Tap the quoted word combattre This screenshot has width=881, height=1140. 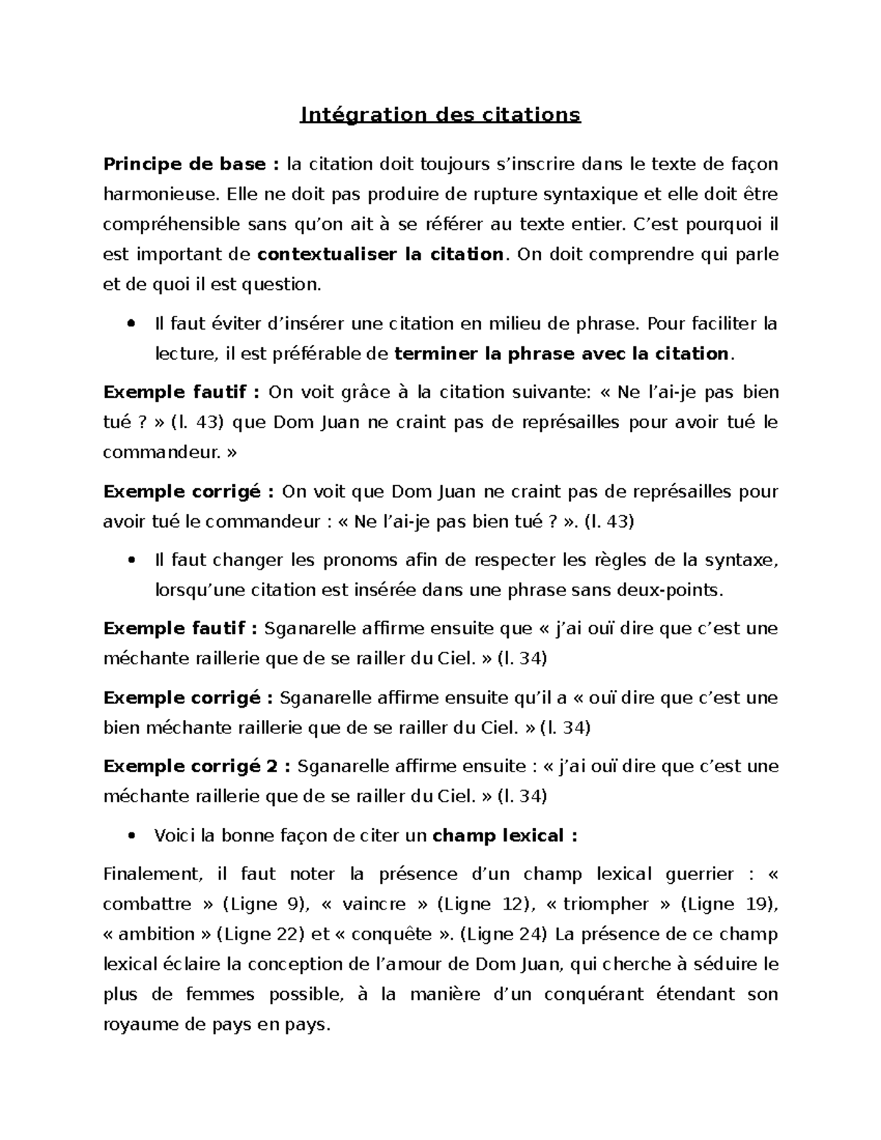click(145, 904)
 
